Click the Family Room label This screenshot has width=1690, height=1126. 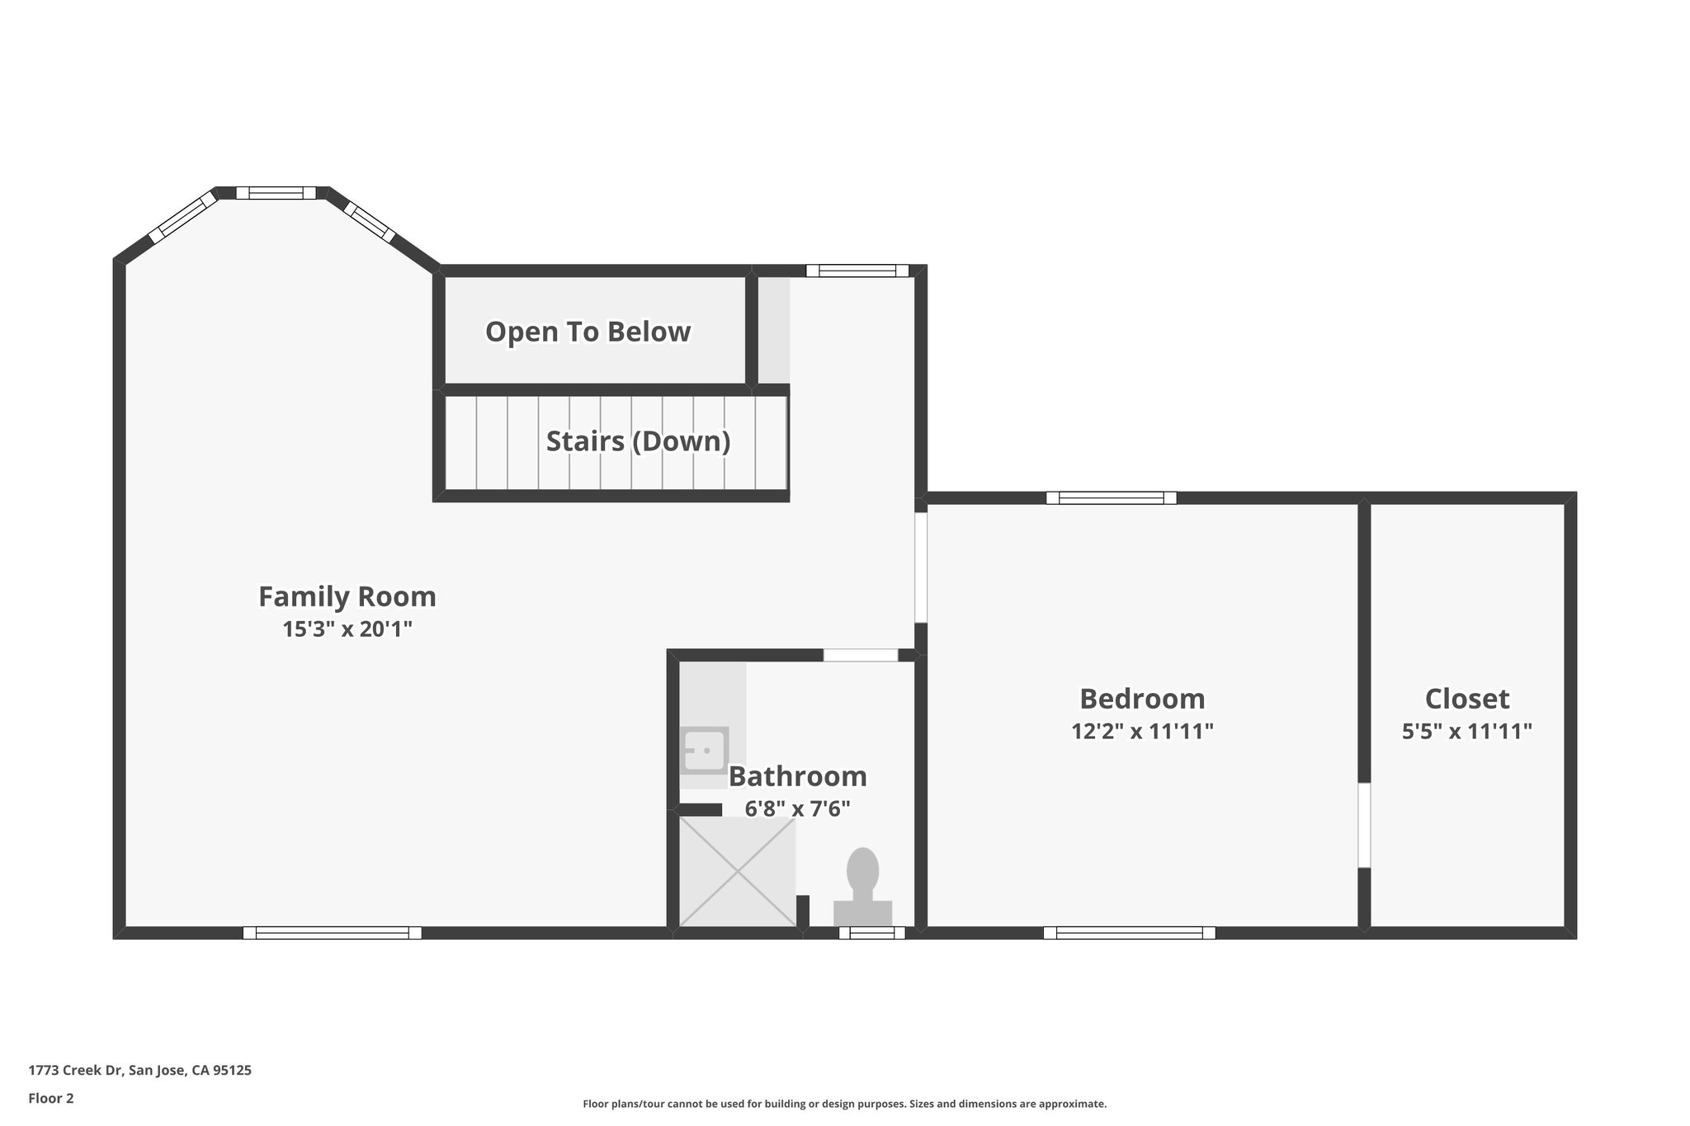click(x=347, y=596)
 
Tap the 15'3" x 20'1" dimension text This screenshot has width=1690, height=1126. click(x=347, y=629)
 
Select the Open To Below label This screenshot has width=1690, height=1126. click(x=588, y=332)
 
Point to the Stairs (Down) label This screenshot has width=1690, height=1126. click(x=639, y=441)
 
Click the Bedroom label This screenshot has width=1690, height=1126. click(x=1142, y=699)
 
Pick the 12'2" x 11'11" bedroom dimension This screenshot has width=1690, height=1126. click(x=1142, y=732)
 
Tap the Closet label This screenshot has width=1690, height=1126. click(x=1467, y=699)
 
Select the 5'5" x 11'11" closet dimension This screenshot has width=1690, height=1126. click(x=1467, y=732)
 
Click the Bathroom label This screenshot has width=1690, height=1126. click(x=797, y=776)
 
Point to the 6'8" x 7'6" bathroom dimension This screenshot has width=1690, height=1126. click(x=797, y=809)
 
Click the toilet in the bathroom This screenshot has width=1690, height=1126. click(x=863, y=888)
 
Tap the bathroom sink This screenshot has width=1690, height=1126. click(x=704, y=750)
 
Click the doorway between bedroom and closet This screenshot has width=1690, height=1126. click(x=1364, y=825)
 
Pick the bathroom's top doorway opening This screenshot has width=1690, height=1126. click(x=861, y=656)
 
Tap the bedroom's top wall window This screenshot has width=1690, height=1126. click(x=1112, y=497)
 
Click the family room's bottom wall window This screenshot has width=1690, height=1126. click(x=333, y=933)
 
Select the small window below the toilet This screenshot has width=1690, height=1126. click(x=872, y=933)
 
